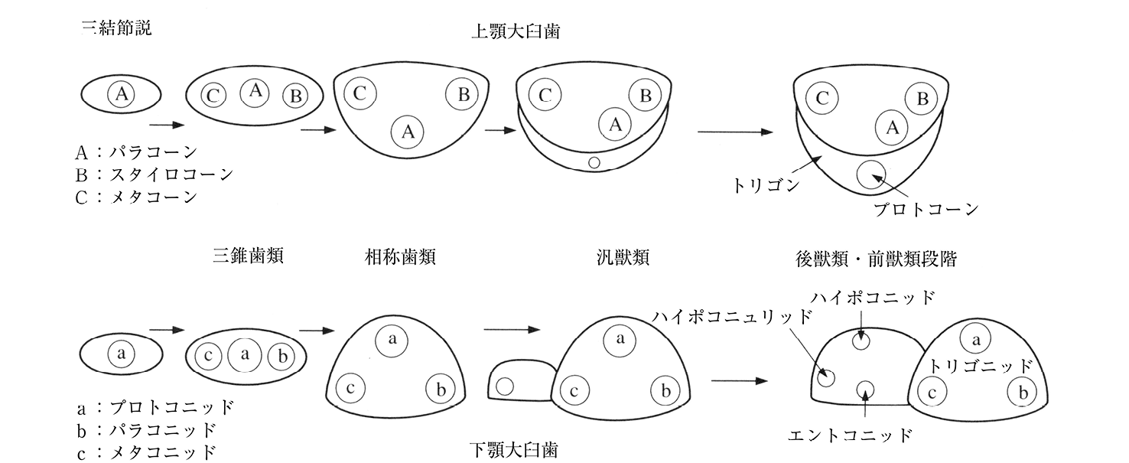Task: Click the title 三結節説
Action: (x=117, y=29)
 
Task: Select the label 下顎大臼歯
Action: (x=514, y=448)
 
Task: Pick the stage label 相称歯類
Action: (x=401, y=257)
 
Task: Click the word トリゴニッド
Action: (x=981, y=366)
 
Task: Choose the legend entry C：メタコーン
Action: (x=137, y=196)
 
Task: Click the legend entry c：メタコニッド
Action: (x=146, y=452)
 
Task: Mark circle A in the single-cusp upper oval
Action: (x=121, y=94)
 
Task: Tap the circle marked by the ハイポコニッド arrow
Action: (x=862, y=341)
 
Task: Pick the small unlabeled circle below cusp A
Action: (x=593, y=162)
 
